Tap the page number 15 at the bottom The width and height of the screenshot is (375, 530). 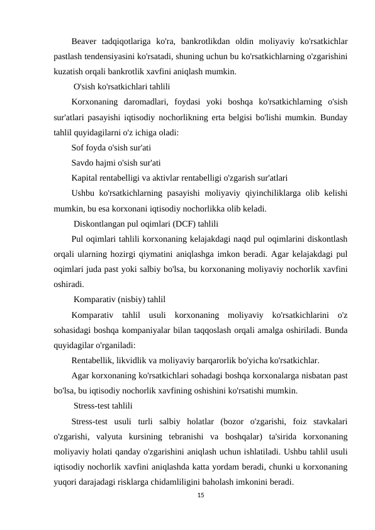click(201, 497)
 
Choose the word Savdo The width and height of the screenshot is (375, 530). click(84, 162)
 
